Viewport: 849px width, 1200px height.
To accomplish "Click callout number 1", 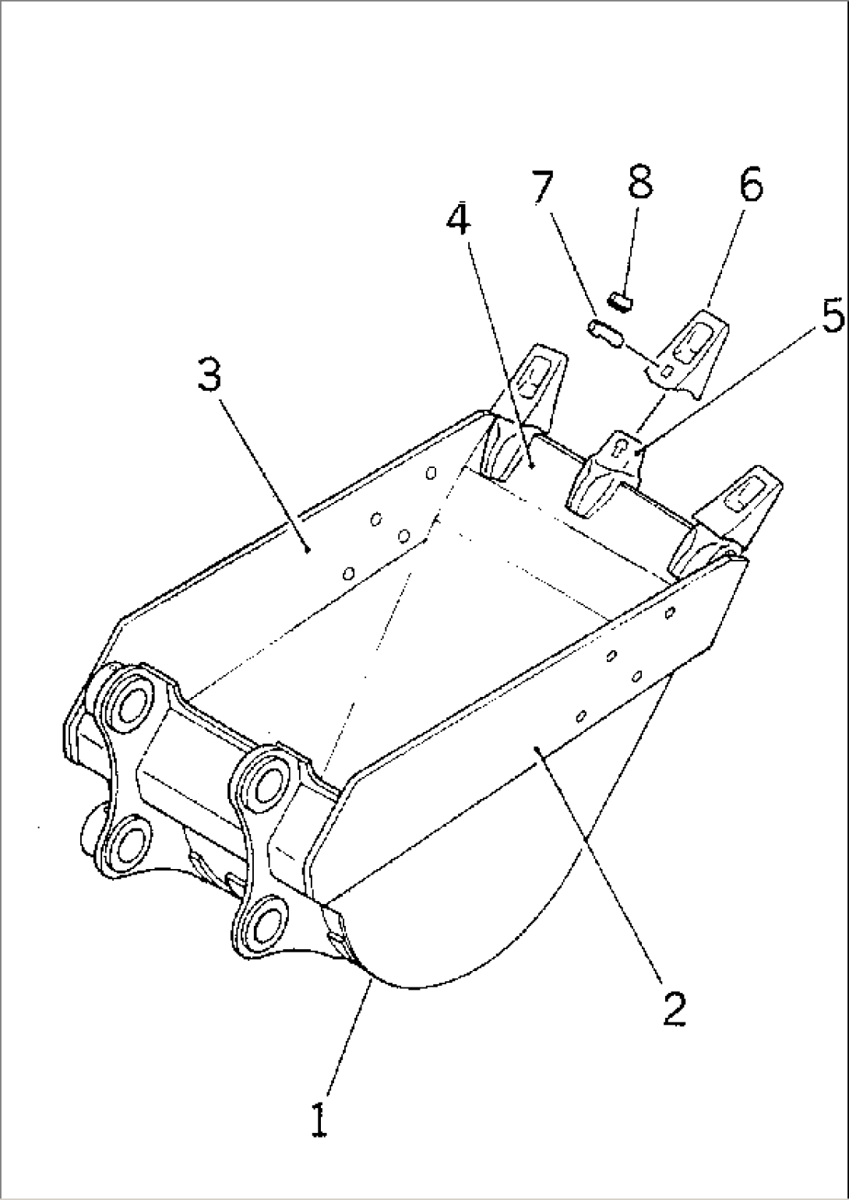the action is click(x=319, y=1122).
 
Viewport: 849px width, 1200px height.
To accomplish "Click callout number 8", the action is click(x=640, y=181).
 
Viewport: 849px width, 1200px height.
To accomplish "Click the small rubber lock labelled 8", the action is click(x=621, y=301).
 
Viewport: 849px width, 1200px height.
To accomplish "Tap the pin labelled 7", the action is click(x=605, y=333).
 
